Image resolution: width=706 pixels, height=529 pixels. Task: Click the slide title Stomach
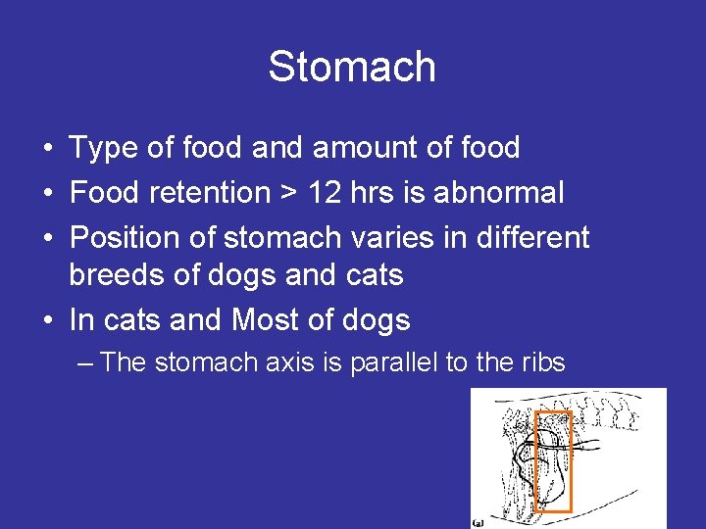coord(352,68)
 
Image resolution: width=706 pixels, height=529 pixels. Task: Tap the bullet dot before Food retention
coord(47,194)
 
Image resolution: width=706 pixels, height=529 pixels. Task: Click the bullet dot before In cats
coord(47,320)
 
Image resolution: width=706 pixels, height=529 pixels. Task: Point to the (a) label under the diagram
coord(479,522)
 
